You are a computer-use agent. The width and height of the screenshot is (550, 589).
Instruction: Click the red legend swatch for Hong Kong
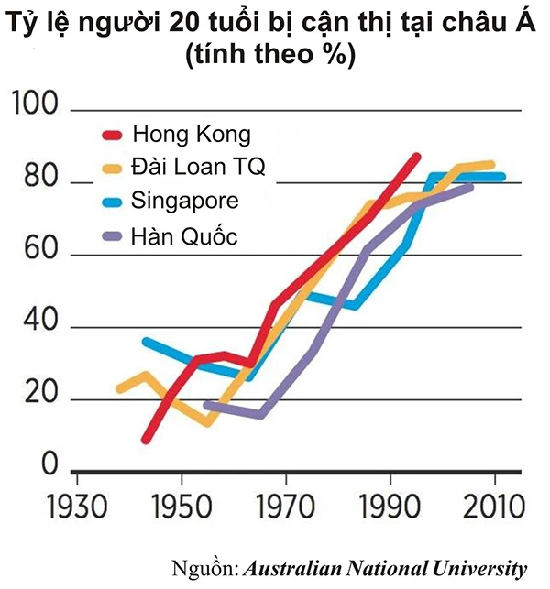pyautogui.click(x=112, y=135)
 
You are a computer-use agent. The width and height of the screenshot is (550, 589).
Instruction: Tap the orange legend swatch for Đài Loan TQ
pyautogui.click(x=112, y=169)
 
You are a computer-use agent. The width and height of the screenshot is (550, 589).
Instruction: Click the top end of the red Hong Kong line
pyautogui.click(x=417, y=157)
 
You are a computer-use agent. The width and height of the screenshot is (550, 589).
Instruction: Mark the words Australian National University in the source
pyautogui.click(x=385, y=568)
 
